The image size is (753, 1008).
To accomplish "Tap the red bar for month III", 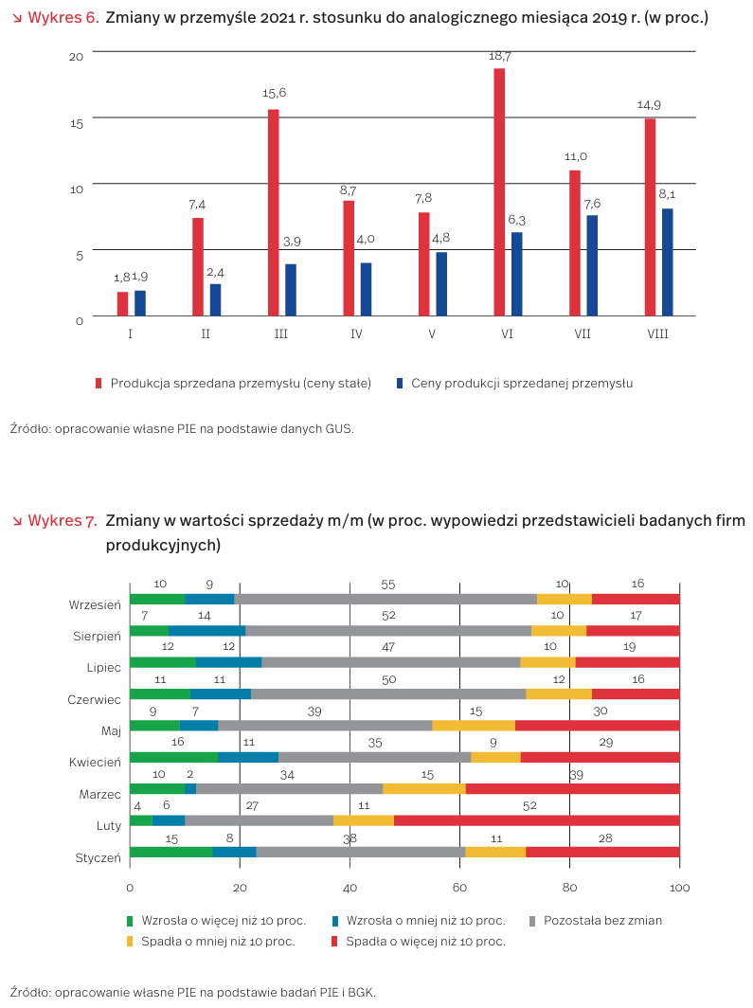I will tap(274, 212).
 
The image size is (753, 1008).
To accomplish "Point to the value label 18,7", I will tap(499, 57).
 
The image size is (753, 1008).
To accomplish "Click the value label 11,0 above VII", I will tap(575, 157).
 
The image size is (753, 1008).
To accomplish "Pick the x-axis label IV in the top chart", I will tap(356, 334).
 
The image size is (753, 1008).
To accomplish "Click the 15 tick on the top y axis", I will tap(77, 122).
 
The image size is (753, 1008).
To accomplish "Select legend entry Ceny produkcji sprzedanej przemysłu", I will tap(521, 384).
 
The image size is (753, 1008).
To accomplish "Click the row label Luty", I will tap(109, 826).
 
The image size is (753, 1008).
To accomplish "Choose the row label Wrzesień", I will tap(95, 604).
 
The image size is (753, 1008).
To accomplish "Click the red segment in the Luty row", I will tap(536, 820).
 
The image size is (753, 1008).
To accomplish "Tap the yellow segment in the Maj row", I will tap(474, 726).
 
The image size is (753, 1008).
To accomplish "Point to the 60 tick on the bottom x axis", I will tap(459, 888).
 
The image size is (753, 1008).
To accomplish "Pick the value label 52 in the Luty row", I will tap(529, 806).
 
